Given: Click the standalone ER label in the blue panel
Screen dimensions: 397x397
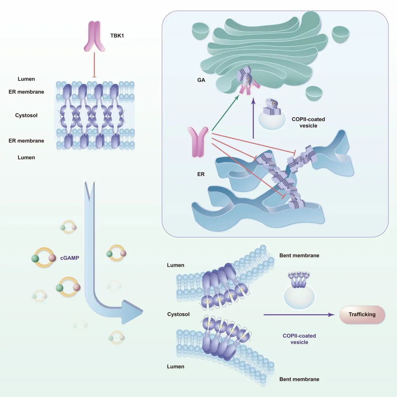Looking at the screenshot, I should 201,174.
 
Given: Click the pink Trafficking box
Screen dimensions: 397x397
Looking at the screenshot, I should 362,314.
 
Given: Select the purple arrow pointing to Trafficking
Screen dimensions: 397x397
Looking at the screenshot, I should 298,315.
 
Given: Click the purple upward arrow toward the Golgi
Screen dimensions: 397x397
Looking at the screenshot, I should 253,118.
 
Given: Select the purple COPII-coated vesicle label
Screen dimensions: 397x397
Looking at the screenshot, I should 299,339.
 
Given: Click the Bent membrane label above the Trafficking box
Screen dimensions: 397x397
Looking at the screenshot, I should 299,255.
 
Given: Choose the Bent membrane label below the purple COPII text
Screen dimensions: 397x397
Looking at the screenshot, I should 299,379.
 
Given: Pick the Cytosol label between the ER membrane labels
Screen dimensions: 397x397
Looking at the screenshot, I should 26,115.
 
